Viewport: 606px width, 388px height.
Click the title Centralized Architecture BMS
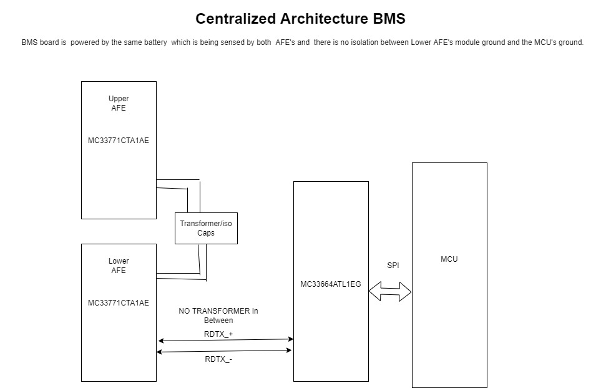pos(300,19)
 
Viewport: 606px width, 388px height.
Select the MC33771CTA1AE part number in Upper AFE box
pos(119,141)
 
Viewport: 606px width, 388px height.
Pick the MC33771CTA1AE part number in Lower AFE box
pos(119,303)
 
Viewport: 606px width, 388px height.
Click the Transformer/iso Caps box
pos(206,228)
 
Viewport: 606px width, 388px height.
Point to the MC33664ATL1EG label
pos(331,284)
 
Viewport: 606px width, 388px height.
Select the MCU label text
pos(449,259)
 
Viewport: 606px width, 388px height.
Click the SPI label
pos(393,266)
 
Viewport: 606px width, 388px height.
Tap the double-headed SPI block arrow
pos(390,291)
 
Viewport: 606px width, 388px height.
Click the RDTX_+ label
pos(218,334)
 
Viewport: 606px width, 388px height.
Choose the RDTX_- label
pos(218,359)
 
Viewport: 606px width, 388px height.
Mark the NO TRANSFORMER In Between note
pos(218,316)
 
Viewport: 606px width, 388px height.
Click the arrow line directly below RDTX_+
pos(225,340)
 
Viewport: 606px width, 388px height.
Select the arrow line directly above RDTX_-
pos(224,351)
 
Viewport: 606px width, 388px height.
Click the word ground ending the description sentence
pos(570,42)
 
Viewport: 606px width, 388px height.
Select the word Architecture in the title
pos(329,19)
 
